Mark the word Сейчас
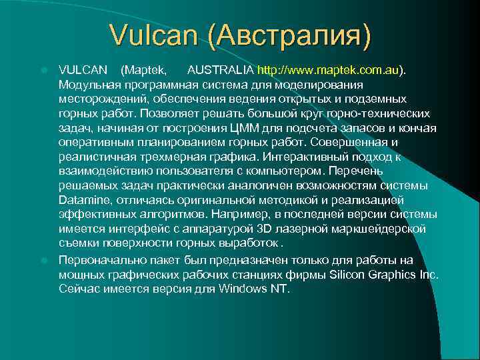coord(78,289)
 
